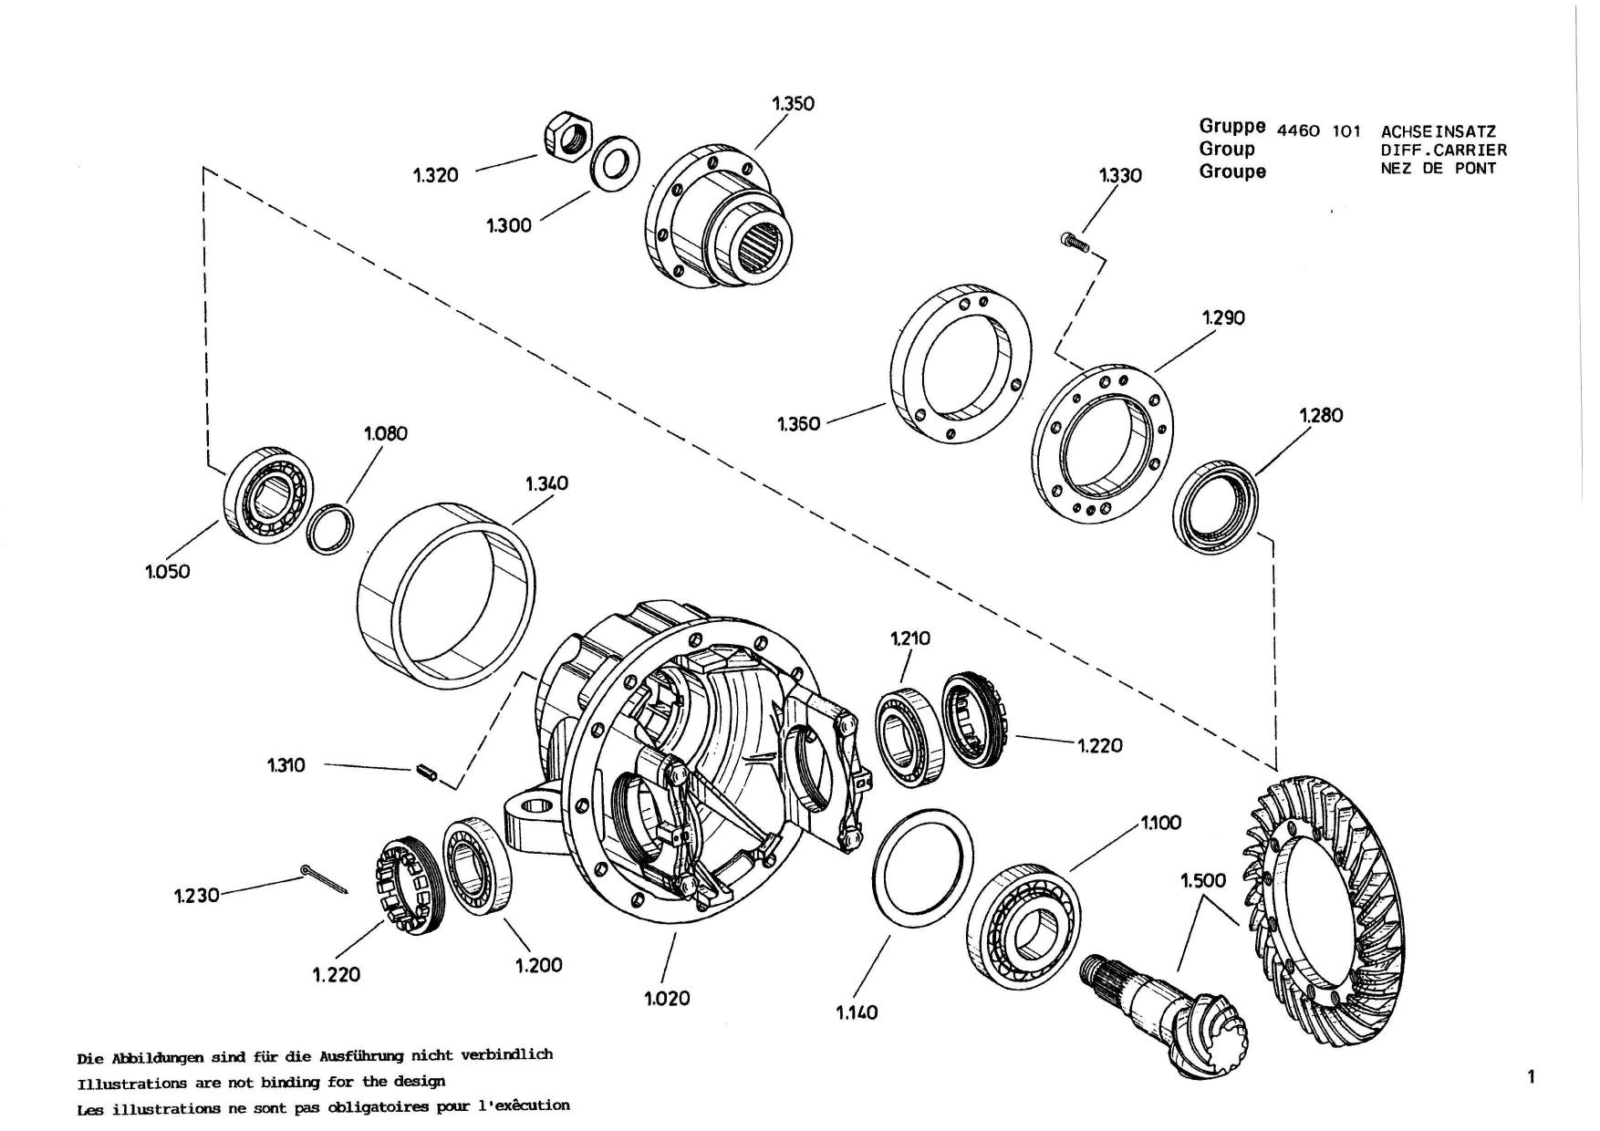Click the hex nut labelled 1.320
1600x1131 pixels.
(x=568, y=137)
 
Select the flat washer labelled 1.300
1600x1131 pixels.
(x=615, y=164)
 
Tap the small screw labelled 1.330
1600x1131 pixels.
(x=1075, y=242)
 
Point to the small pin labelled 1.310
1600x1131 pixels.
(x=427, y=773)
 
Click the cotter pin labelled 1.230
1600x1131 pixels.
(x=324, y=880)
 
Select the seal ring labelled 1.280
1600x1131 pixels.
(x=1215, y=508)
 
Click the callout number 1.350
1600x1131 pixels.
(x=793, y=103)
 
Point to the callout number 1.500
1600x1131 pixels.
(x=1203, y=880)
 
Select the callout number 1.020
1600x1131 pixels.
(x=667, y=998)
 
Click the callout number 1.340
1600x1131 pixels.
(x=546, y=483)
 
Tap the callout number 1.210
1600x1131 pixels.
(x=909, y=638)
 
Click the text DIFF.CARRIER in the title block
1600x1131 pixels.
(x=1444, y=150)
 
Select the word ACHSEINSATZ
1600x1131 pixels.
(x=1439, y=131)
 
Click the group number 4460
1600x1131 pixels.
(x=1298, y=130)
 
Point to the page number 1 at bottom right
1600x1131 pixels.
(x=1531, y=1077)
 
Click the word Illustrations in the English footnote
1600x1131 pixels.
(x=121, y=1084)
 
